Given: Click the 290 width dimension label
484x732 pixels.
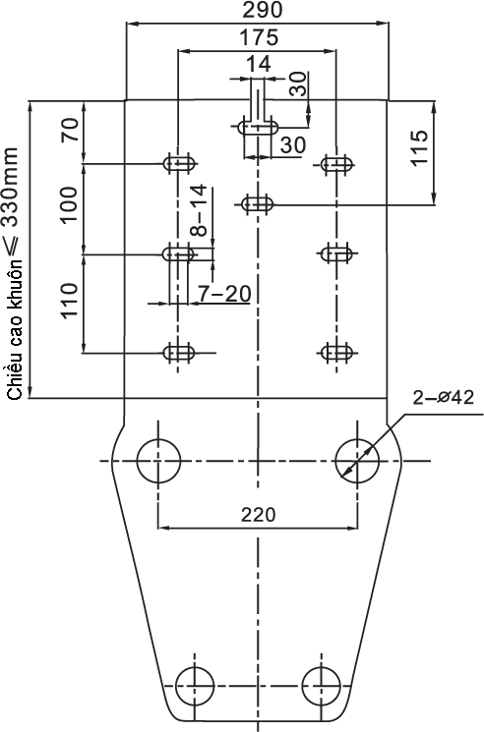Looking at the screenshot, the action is tap(262, 10).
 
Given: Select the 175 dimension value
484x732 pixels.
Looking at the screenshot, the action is tap(259, 37).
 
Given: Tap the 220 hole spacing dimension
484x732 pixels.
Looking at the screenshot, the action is tap(259, 515).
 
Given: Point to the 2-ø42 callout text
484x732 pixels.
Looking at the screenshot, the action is tap(444, 397).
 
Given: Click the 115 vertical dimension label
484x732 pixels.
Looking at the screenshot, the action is tap(419, 147).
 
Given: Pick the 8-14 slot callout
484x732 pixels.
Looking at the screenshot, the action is tap(199, 210).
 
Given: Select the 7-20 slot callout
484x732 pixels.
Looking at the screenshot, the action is tap(224, 294).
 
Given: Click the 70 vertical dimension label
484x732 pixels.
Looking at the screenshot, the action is tap(70, 131).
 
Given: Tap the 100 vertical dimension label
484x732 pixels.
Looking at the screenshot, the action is tap(69, 205).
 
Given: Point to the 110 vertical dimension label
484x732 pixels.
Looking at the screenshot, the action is tap(69, 301).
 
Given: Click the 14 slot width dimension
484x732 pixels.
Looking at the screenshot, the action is tap(258, 64).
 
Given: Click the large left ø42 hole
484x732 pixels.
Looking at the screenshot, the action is tap(158, 461).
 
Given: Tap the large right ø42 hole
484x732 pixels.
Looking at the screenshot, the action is tap(357, 461).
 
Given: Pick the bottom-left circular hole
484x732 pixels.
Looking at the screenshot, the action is tap(195, 686).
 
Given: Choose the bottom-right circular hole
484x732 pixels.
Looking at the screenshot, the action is tap(321, 686).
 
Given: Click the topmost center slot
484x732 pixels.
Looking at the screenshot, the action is tap(259, 127).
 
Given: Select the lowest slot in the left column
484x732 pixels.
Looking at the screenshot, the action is tap(178, 353).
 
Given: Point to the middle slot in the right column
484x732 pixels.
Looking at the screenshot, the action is tap(336, 253).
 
